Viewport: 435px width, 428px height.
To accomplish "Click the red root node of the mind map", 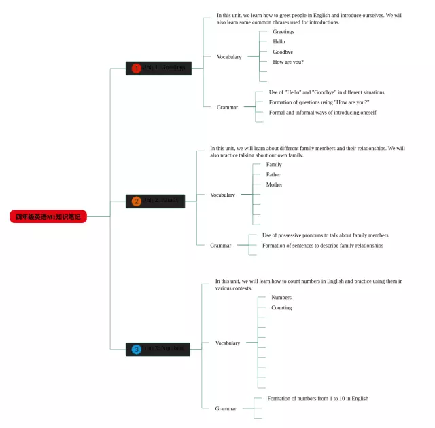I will click(x=48, y=217).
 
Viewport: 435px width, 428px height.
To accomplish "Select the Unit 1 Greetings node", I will click(x=159, y=68).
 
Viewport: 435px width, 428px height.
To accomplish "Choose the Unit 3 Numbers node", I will click(x=158, y=349).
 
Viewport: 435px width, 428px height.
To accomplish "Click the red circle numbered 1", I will click(x=136, y=68).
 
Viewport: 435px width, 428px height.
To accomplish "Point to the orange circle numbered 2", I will click(x=136, y=201).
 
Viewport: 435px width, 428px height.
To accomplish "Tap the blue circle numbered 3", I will click(x=136, y=349).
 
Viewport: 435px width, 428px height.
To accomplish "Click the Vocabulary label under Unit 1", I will click(x=229, y=57).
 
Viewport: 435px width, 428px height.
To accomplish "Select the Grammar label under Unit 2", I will click(x=221, y=246).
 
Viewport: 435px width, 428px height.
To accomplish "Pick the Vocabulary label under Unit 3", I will click(x=228, y=343).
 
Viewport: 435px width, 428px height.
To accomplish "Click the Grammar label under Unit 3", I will click(x=226, y=409).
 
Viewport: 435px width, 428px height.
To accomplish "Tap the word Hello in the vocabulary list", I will click(x=279, y=42).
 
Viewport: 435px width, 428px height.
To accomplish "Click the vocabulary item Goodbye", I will click(x=283, y=52).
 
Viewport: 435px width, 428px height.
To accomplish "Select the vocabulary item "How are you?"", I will click(x=288, y=62).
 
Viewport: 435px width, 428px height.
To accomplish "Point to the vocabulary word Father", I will click(x=273, y=175).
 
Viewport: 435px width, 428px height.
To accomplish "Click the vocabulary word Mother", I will click(x=275, y=185).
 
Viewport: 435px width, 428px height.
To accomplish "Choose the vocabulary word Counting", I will click(x=281, y=308).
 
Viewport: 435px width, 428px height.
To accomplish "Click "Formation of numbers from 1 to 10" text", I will click(x=318, y=399).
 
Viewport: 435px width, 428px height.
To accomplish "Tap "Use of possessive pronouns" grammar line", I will click(x=326, y=235).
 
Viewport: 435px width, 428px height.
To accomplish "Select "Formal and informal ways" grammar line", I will click(x=322, y=113).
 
